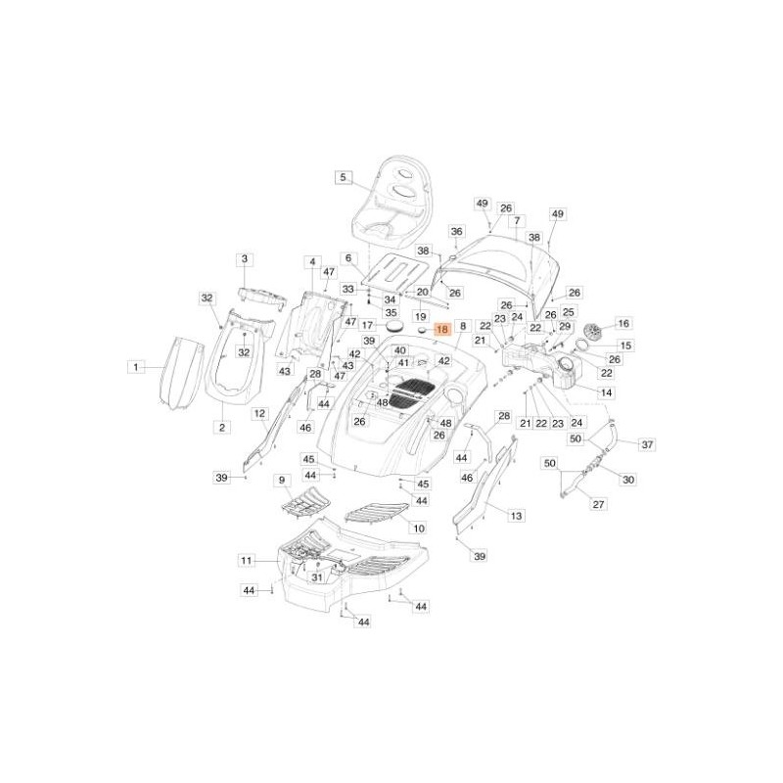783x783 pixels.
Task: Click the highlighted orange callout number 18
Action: pos(441,331)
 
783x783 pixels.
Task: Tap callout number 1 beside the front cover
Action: pos(135,366)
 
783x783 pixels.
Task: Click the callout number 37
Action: pos(647,444)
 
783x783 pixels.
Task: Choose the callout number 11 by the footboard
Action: pos(246,561)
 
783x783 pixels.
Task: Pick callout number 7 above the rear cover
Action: pos(516,220)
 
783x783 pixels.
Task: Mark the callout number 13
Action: pos(516,515)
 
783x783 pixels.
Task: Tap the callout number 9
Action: pos(282,481)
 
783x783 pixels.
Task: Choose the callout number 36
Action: pos(456,231)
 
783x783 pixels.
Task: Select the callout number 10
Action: pos(418,528)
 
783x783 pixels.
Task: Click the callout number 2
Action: pos(221,427)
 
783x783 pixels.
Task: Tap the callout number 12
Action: pos(259,414)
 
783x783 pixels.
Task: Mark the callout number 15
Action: pos(626,345)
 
